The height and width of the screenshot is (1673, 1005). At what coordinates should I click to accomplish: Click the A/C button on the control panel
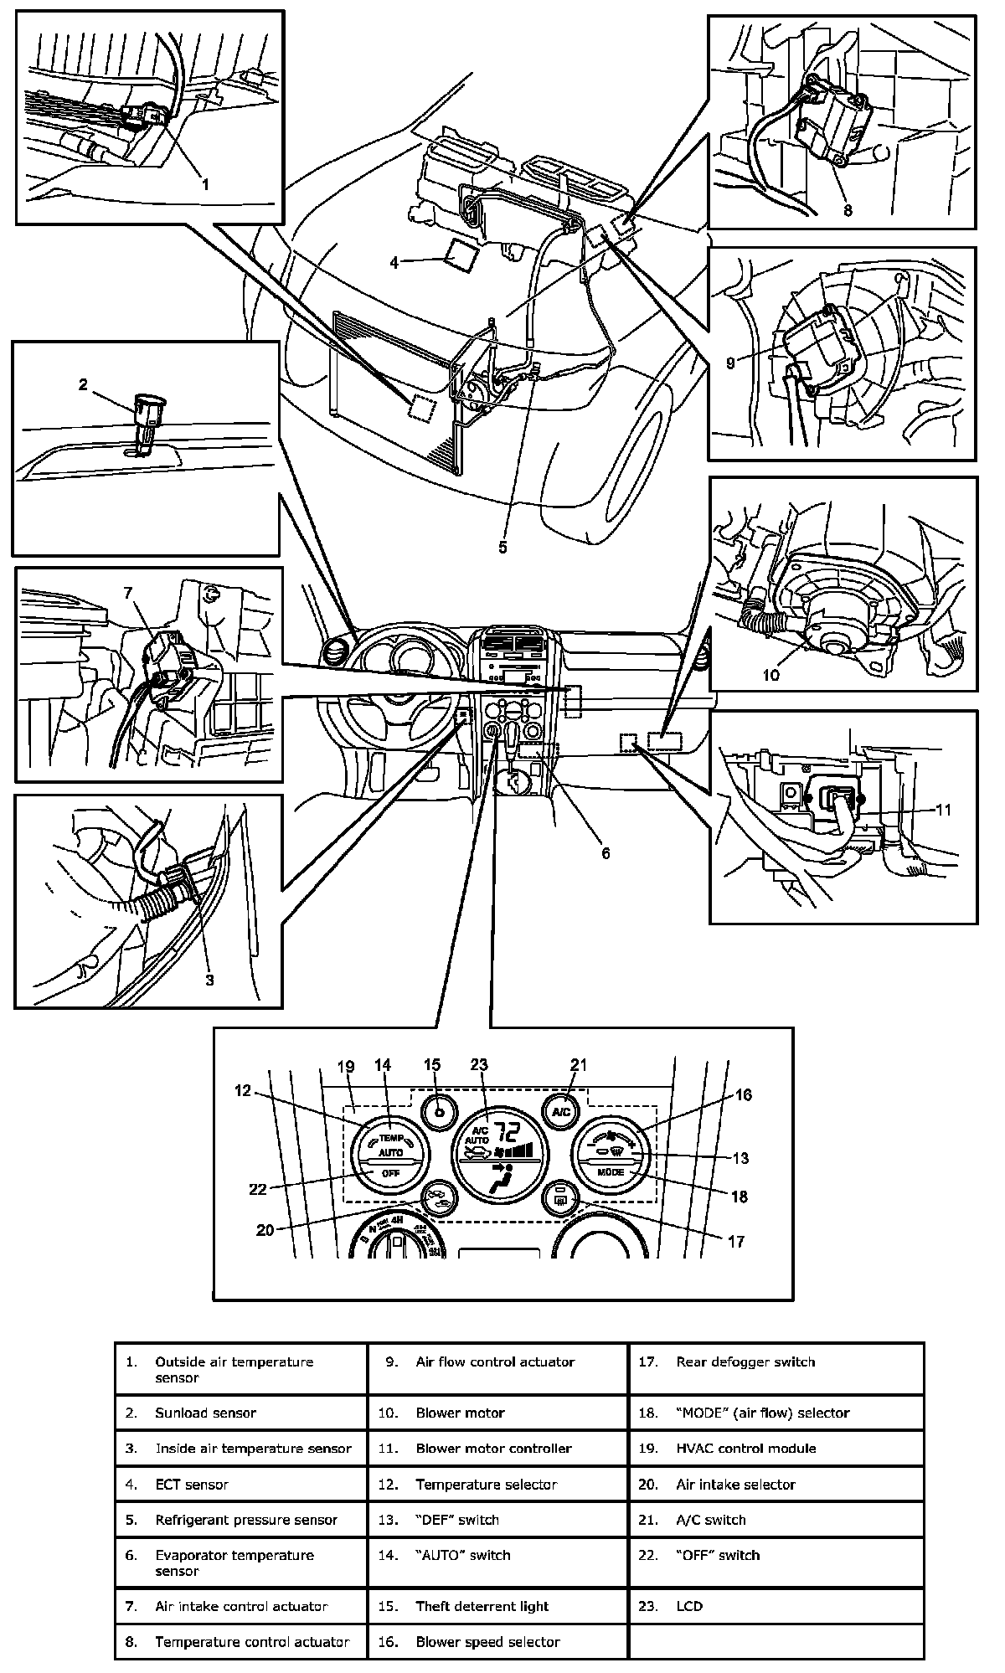(560, 1112)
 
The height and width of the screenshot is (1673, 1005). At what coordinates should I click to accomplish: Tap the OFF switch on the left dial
(391, 1173)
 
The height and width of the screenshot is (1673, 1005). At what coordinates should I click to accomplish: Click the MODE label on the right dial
(611, 1172)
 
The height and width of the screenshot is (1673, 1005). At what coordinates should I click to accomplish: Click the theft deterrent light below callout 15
(439, 1112)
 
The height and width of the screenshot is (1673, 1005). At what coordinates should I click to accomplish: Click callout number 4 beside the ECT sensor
(394, 262)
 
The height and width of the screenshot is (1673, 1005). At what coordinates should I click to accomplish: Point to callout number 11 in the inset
(944, 810)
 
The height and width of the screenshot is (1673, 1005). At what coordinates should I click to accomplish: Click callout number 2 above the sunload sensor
(83, 385)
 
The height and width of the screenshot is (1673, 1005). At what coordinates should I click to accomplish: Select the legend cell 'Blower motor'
(461, 1413)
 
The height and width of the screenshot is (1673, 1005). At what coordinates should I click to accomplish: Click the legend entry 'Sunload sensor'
(206, 1413)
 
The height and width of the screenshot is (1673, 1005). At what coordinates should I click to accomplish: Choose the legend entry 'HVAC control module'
(746, 1448)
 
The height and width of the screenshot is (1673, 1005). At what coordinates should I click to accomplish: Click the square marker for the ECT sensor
(462, 254)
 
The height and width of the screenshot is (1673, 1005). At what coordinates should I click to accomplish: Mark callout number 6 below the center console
(606, 853)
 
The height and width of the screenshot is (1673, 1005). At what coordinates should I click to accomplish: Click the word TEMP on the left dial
(391, 1138)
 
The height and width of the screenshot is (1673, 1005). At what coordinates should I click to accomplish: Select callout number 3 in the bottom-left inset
(209, 980)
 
